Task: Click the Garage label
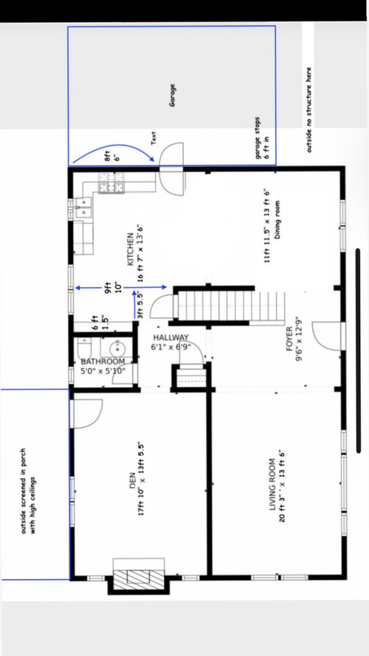pos(172,95)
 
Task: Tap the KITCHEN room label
pos(131,249)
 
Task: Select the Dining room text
pos(277,219)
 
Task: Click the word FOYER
pos(289,338)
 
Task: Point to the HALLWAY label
pos(171,338)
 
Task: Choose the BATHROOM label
pos(103,361)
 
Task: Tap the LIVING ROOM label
pos(272,485)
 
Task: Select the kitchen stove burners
pos(111,182)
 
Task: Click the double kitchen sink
pos(84,207)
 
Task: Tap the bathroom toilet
pos(84,349)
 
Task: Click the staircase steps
pos(230,305)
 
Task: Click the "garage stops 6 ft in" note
pos(261,138)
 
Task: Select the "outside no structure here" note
pos(309,109)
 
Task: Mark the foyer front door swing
pos(328,336)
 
